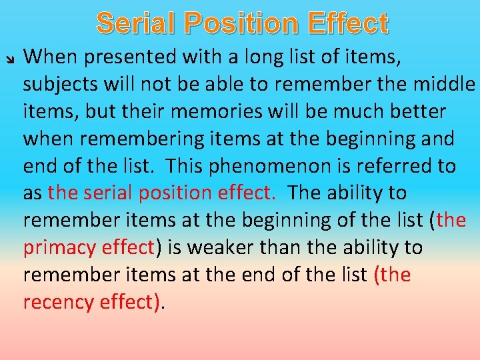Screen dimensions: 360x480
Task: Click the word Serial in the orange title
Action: click(x=136, y=23)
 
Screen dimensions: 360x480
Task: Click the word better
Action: click(x=415, y=111)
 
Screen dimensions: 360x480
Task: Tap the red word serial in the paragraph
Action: click(x=107, y=193)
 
